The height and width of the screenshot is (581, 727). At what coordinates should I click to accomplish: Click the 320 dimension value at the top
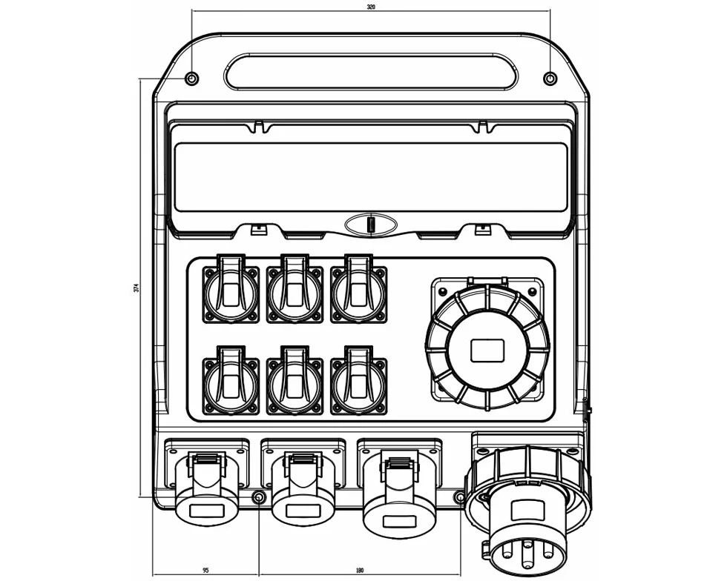point(371,7)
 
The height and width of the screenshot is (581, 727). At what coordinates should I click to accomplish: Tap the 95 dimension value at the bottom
point(205,570)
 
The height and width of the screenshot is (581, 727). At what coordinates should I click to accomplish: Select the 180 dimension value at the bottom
point(360,570)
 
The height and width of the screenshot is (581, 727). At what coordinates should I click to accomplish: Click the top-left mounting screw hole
point(192,79)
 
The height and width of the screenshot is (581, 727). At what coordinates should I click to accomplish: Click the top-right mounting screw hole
point(550,79)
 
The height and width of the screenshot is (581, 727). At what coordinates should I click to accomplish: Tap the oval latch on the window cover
point(371,225)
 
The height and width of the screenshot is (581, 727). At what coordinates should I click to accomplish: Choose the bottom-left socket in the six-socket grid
point(231,380)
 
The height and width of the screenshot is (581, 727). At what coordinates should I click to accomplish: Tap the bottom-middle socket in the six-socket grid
point(295,380)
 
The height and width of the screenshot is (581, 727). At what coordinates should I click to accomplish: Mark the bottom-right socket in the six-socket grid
point(358,380)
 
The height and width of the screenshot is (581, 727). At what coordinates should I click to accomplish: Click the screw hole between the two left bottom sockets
point(258,497)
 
